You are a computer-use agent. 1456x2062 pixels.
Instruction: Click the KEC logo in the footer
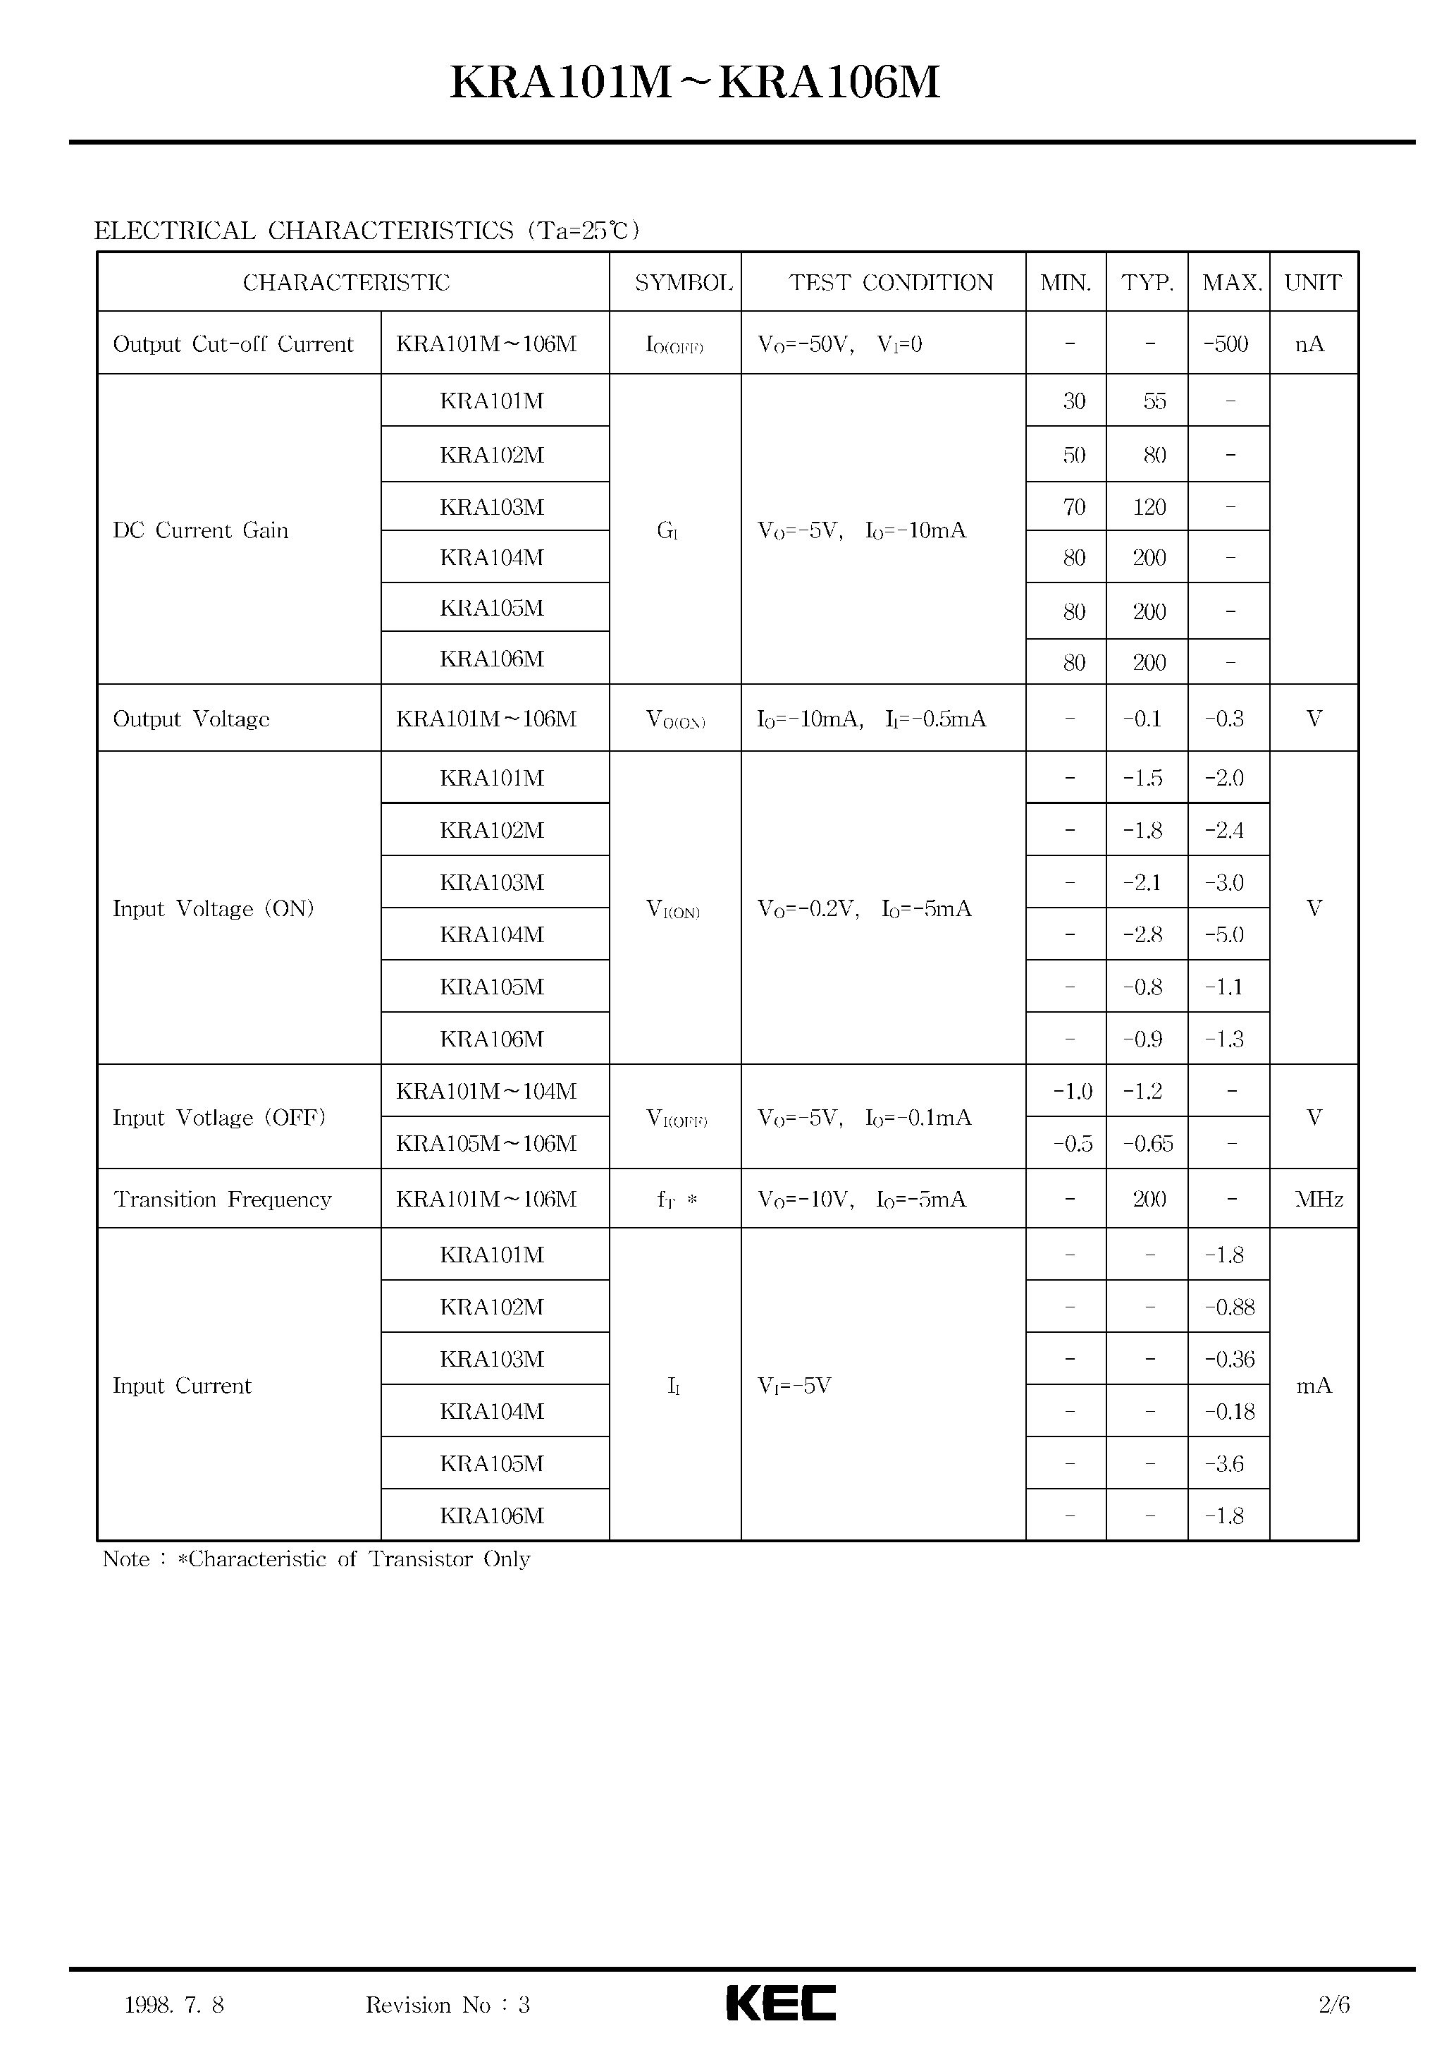pyautogui.click(x=780, y=2003)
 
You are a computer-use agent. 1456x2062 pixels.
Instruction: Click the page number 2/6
pyautogui.click(x=1334, y=2004)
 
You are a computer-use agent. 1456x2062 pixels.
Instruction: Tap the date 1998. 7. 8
pyautogui.click(x=174, y=2004)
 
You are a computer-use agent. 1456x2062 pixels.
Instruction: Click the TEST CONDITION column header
pyautogui.click(x=891, y=283)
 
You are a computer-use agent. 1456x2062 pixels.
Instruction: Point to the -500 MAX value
pyautogui.click(x=1226, y=344)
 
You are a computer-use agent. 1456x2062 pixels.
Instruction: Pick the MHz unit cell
pyautogui.click(x=1319, y=1199)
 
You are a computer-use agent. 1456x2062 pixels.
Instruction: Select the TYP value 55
pyautogui.click(x=1154, y=401)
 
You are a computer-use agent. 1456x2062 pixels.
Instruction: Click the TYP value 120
pyautogui.click(x=1149, y=508)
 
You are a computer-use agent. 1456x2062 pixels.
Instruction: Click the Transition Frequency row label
pyautogui.click(x=223, y=1199)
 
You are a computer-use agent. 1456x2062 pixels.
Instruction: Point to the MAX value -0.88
pyautogui.click(x=1229, y=1307)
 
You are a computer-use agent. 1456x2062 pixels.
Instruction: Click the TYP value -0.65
pyautogui.click(x=1148, y=1143)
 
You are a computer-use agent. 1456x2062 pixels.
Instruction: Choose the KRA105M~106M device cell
pyautogui.click(x=486, y=1143)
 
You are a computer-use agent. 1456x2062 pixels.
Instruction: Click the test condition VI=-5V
pyautogui.click(x=794, y=1386)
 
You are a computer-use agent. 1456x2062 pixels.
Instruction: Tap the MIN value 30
pyautogui.click(x=1073, y=401)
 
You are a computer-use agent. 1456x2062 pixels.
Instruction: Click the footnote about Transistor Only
pyautogui.click(x=316, y=1559)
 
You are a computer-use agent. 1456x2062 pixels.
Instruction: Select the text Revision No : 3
pyautogui.click(x=447, y=2004)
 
